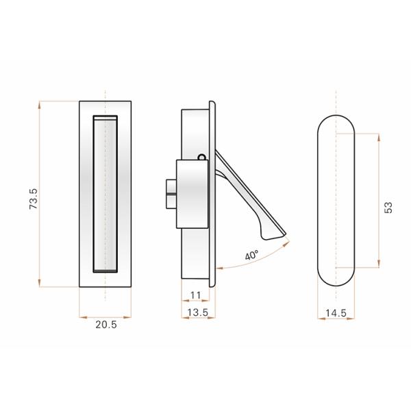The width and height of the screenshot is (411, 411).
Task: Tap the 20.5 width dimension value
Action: pos(105,325)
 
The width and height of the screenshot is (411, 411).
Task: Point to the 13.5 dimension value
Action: pos(197,313)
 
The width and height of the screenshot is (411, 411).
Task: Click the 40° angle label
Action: pos(251,256)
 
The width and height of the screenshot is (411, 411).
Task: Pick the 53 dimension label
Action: pos(388,207)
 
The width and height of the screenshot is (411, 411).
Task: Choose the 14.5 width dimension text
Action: pos(336,313)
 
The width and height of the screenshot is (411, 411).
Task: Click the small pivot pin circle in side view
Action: pos(201,157)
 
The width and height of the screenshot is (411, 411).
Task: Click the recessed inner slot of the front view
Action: pos(105,195)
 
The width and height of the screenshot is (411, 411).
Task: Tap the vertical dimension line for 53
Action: pos(379,164)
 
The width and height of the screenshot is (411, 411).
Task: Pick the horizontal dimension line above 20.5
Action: pos(105,317)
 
